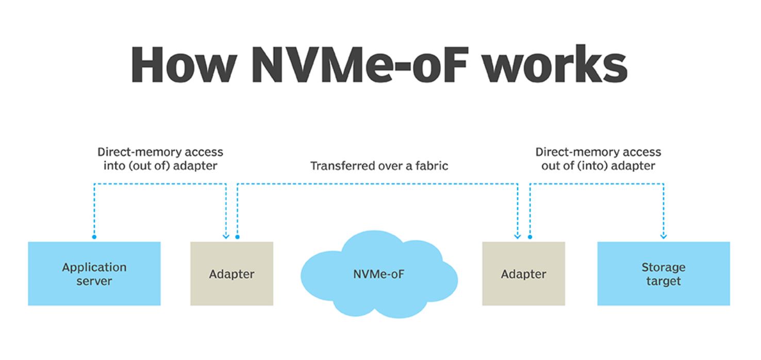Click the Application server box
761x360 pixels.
pos(94,274)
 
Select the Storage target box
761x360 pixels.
pos(664,274)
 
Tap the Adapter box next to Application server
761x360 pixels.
pos(231,274)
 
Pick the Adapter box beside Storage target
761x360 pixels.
pos(523,274)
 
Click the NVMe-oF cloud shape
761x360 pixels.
pos(379,274)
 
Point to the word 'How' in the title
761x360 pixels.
pos(184,64)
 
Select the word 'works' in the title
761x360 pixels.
pos(555,64)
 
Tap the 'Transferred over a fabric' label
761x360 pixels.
pos(379,166)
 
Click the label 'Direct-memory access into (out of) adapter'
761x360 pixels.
pos(160,159)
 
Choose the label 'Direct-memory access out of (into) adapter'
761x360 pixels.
pos(598,159)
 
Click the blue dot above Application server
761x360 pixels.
pos(94,237)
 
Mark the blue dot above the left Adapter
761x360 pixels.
pos(237,237)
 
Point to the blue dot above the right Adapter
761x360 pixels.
pos(530,237)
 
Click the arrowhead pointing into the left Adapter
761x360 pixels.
pos(226,237)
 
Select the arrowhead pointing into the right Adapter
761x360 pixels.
pos(518,237)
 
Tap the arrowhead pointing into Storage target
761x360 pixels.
pos(664,237)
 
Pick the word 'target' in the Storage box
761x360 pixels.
pos(664,281)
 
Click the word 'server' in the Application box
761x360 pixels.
pos(94,281)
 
